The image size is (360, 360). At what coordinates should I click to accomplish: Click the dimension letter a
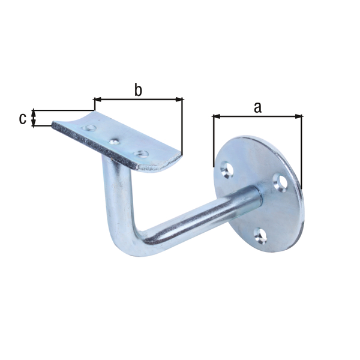pos(258,107)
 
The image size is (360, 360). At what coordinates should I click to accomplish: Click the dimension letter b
pos(137,91)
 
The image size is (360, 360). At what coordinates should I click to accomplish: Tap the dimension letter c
pos(22,118)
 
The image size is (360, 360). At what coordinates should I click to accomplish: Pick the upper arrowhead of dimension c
pos(34,112)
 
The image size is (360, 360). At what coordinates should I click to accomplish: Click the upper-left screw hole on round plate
pos(227,170)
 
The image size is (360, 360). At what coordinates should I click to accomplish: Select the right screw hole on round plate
pos(280,180)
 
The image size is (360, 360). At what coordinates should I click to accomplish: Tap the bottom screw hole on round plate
pos(259,235)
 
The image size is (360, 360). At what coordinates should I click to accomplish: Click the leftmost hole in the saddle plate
pos(89,128)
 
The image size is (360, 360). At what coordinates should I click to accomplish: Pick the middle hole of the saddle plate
pos(115,142)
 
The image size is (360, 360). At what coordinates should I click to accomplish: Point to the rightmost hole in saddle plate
pos(142,154)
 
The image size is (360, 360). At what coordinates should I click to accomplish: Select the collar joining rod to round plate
pos(250,199)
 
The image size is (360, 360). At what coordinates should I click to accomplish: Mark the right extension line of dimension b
pos(182,126)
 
